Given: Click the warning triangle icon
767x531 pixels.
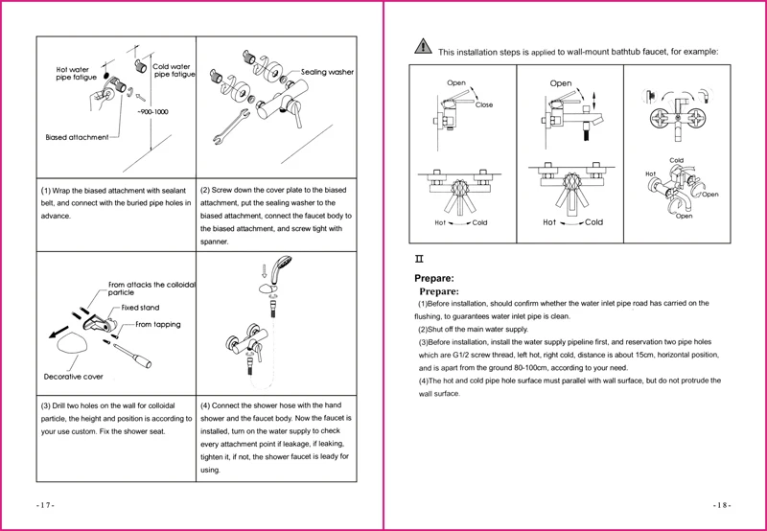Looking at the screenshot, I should click(x=423, y=47).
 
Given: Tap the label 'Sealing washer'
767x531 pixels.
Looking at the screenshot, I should click(x=327, y=72).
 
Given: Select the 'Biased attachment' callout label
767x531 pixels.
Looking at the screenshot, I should click(x=77, y=137).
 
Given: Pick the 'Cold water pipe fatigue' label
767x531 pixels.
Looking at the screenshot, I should click(x=172, y=70).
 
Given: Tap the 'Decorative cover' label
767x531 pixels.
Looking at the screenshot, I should click(x=74, y=377).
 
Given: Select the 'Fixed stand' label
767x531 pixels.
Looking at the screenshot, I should click(x=140, y=308).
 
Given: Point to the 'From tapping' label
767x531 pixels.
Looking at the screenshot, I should click(x=158, y=325).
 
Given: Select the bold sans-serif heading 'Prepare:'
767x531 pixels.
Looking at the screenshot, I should click(x=432, y=278).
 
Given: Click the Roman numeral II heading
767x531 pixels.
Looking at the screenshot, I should click(x=418, y=259).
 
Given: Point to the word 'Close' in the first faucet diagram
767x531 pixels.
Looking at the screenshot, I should click(x=484, y=104).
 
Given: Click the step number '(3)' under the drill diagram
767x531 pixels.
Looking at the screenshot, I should click(x=46, y=405).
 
